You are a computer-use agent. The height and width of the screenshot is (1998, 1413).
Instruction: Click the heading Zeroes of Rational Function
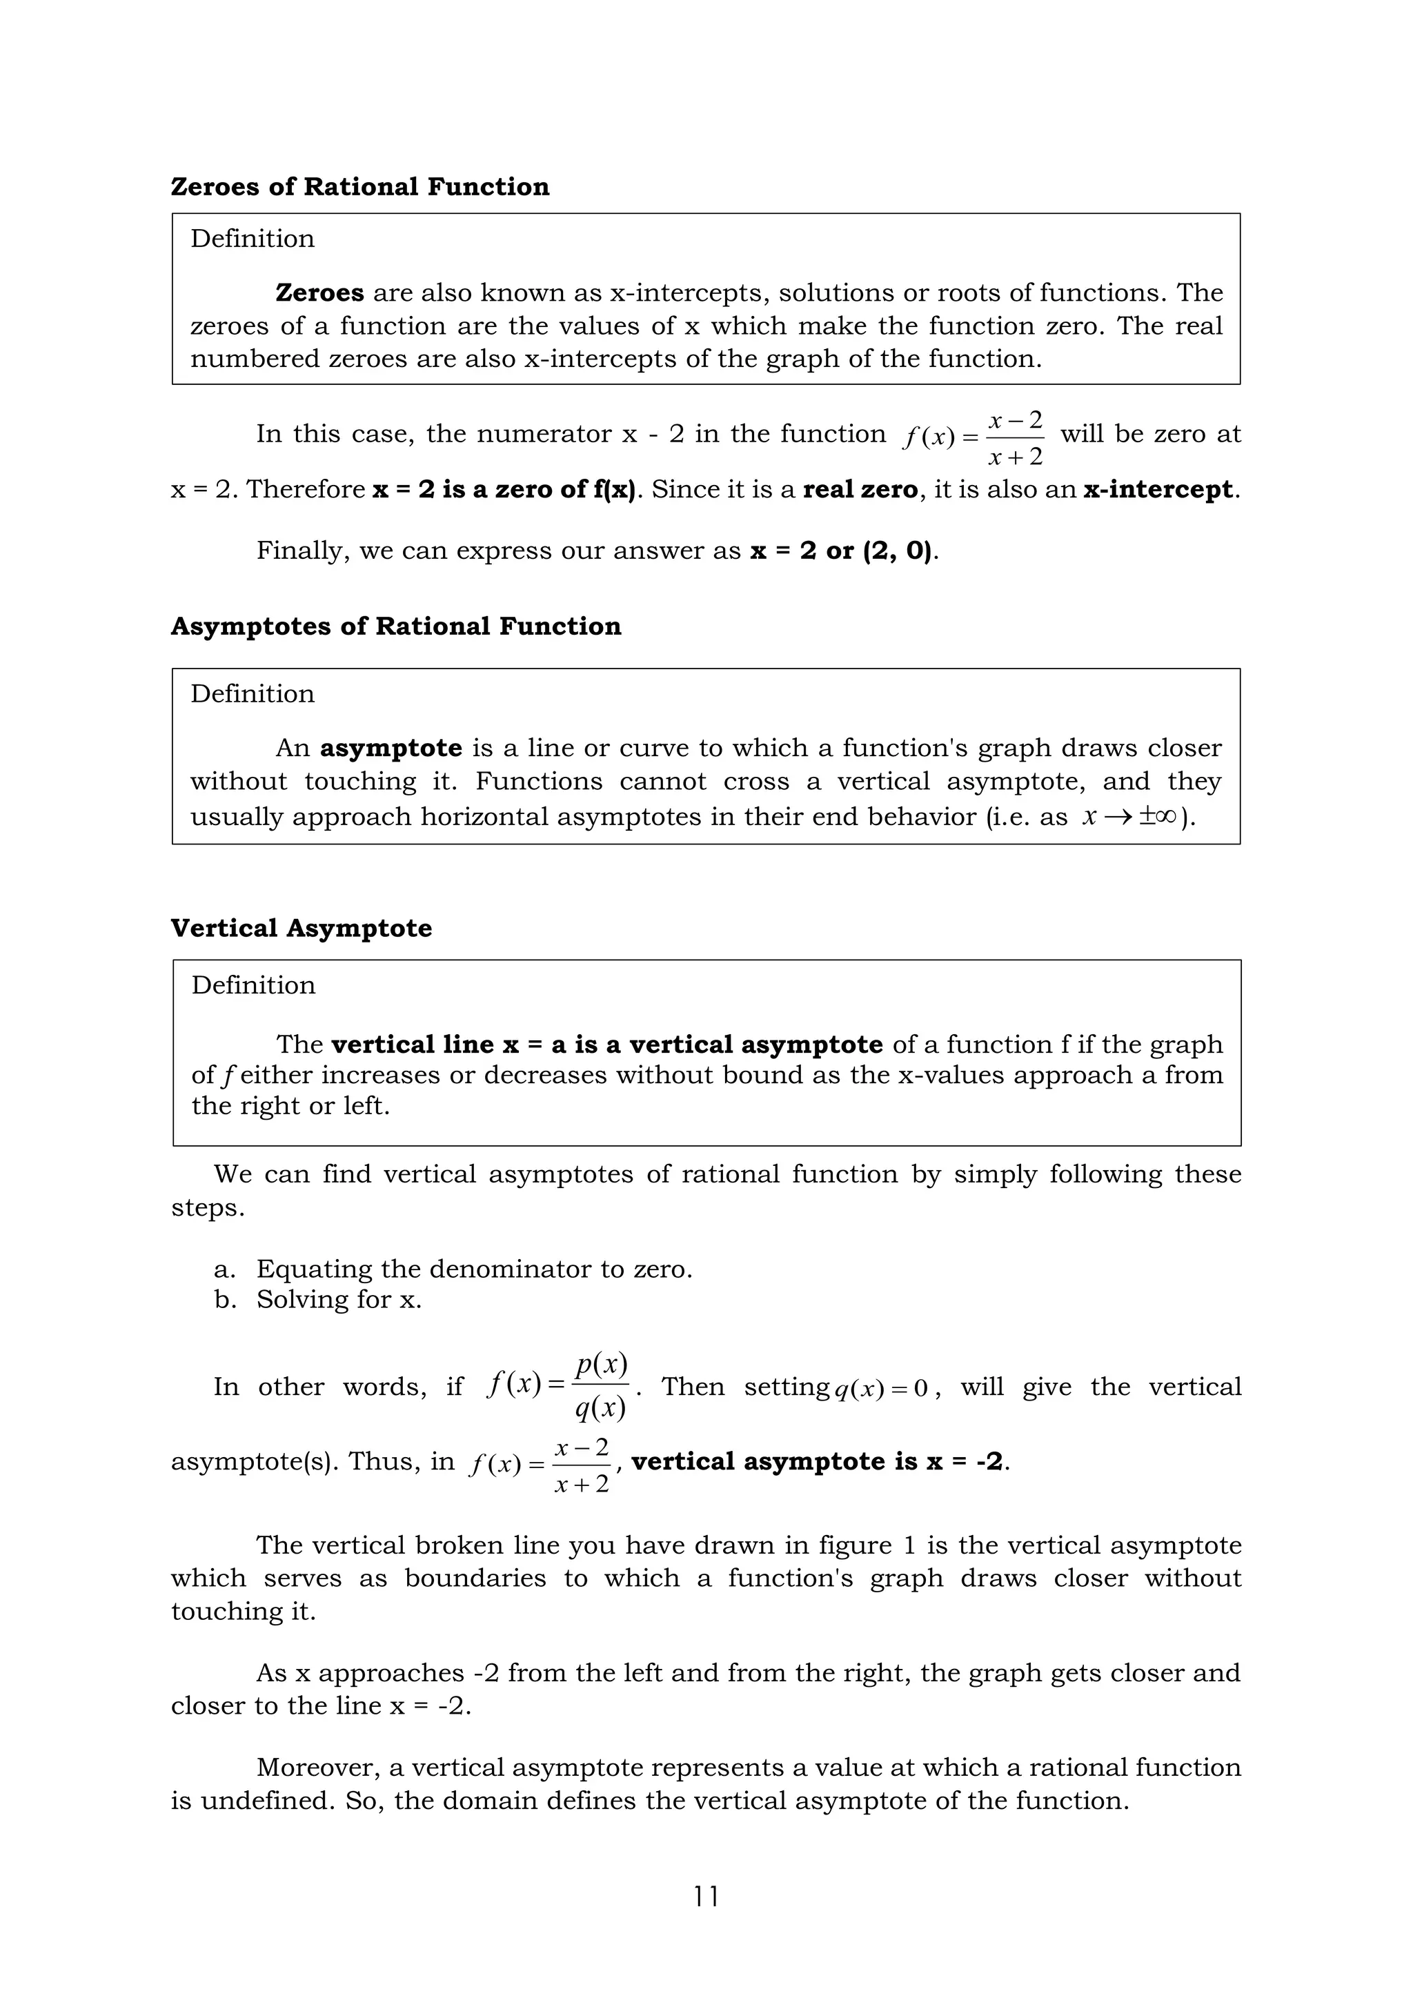point(359,187)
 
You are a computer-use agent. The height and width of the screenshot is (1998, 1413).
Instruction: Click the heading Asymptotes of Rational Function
point(396,626)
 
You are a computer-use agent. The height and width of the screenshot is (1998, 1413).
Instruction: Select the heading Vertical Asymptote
point(301,929)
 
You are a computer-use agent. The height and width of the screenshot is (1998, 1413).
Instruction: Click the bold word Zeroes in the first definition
point(319,293)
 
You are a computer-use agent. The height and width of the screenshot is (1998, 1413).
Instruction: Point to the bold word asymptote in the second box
point(391,749)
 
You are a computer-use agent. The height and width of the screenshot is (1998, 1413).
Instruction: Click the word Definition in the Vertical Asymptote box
point(253,985)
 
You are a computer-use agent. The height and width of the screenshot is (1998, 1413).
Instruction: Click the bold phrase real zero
point(860,490)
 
